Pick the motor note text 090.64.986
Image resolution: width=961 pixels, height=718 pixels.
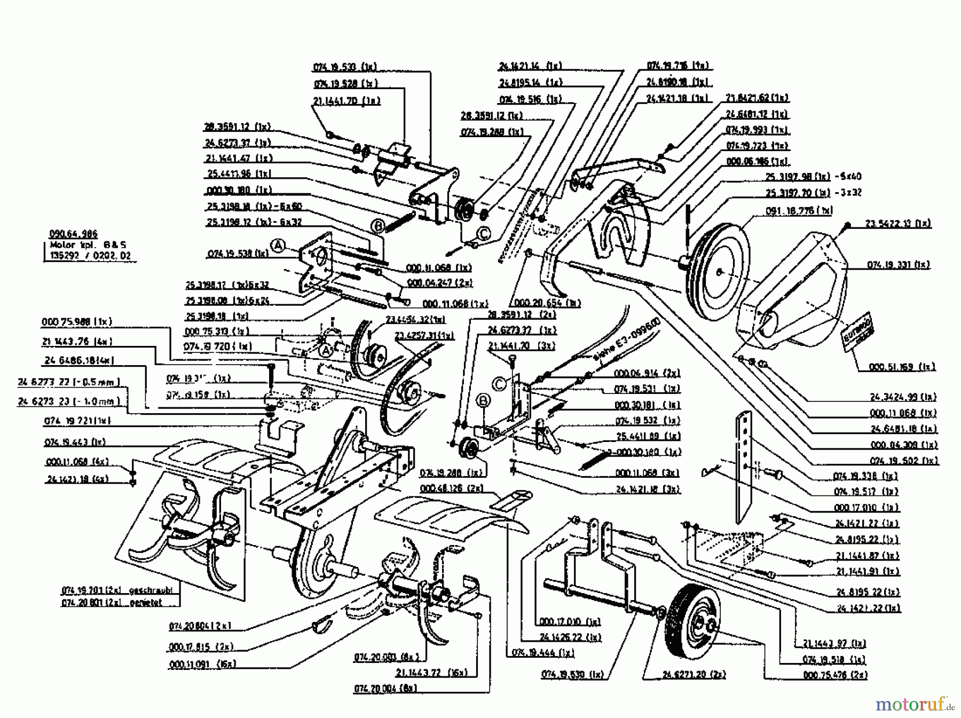(x=73, y=234)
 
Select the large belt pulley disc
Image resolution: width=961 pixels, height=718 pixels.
(x=718, y=272)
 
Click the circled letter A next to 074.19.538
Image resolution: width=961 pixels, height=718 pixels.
(x=278, y=245)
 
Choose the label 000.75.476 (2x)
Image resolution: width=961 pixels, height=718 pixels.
(x=835, y=675)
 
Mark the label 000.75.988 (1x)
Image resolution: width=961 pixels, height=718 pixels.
(x=76, y=322)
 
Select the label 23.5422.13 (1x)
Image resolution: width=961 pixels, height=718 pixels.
(x=897, y=224)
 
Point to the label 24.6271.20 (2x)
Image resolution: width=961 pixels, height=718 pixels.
(x=694, y=675)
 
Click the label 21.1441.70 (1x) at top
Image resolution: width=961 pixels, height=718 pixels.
(x=346, y=100)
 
